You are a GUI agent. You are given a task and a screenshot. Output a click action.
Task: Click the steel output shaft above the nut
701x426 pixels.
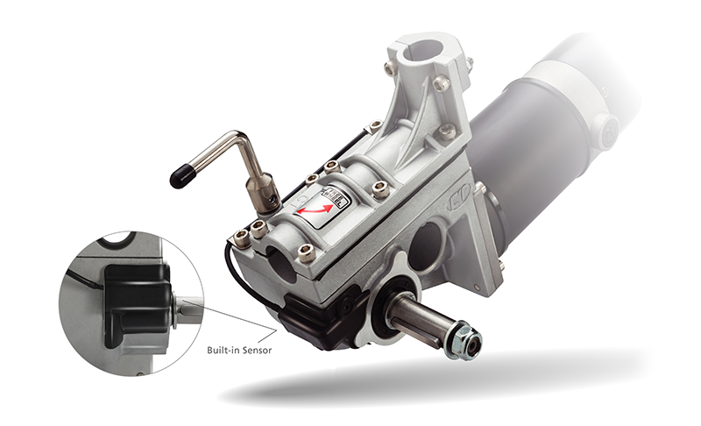(x=421, y=319)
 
